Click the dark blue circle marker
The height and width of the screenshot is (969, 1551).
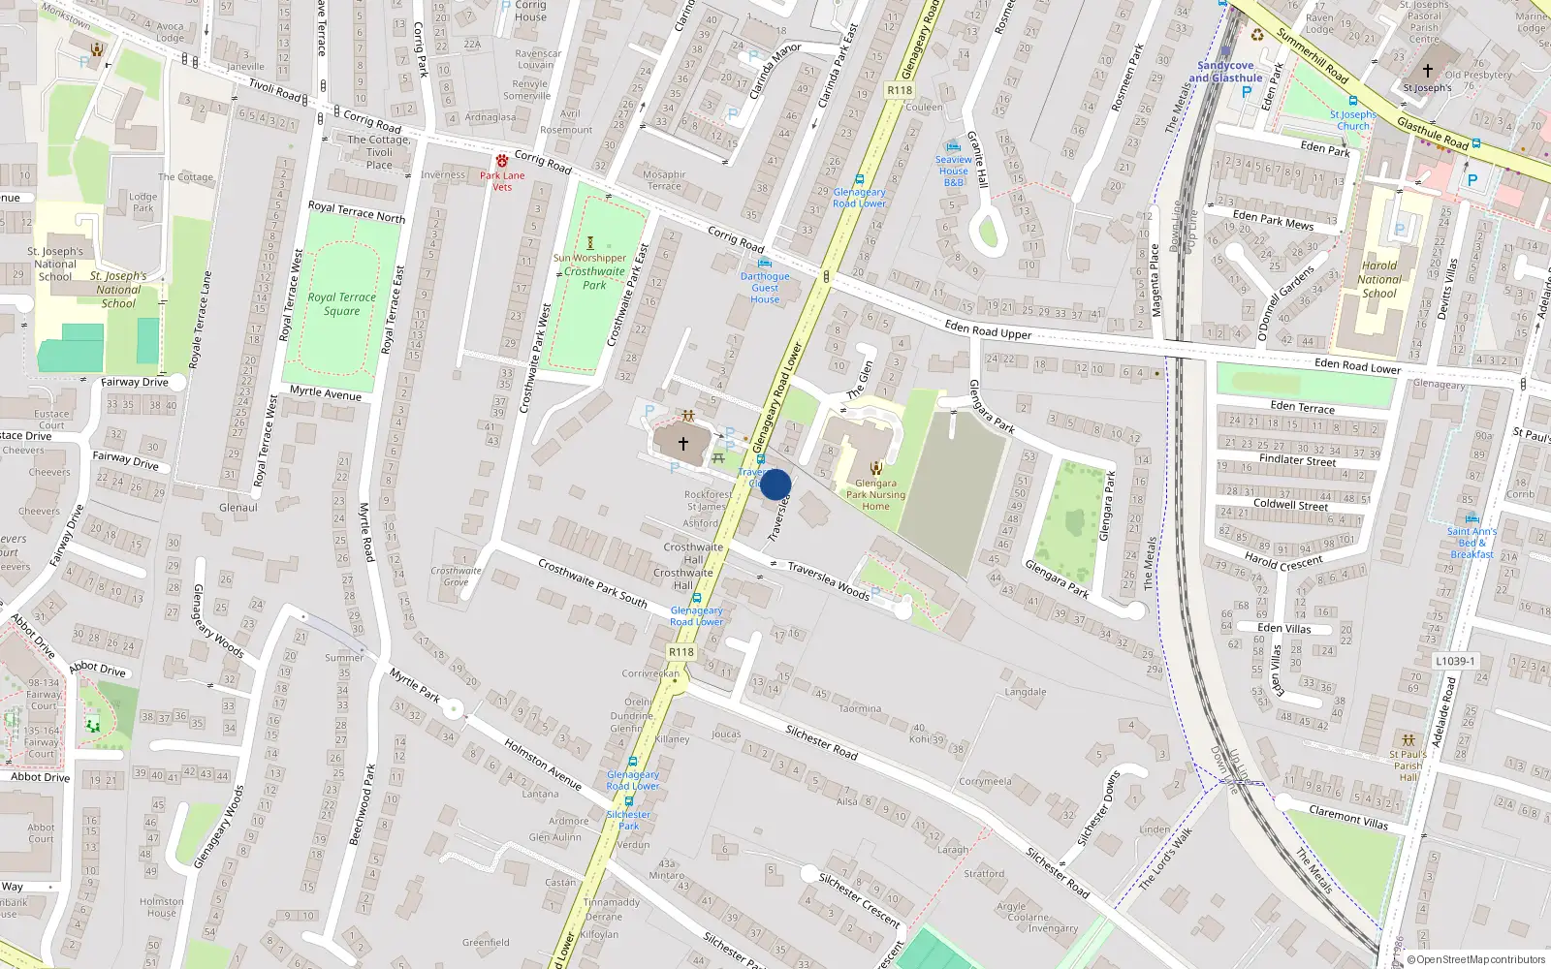(775, 484)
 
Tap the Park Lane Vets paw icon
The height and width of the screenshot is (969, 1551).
(502, 161)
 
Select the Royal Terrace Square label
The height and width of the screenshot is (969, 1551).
(341, 304)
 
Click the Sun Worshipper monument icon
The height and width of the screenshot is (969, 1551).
(589, 243)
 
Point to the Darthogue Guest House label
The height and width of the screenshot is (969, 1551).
(765, 288)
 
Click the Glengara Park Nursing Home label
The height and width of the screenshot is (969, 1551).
(875, 494)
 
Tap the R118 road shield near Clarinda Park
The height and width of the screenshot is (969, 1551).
(900, 90)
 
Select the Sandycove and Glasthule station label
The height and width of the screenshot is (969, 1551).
(1225, 72)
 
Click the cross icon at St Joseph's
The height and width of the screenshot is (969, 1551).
(1427, 71)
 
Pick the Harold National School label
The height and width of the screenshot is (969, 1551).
(1379, 279)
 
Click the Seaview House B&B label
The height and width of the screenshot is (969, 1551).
(954, 171)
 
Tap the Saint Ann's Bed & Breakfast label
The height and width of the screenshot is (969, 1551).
(1472, 543)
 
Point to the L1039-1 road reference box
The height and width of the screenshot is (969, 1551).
(1455, 661)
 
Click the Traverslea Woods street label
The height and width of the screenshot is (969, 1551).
(828, 579)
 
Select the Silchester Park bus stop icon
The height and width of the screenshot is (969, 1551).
(629, 801)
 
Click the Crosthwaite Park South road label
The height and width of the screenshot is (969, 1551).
(592, 583)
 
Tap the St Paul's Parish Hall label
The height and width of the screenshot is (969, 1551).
(1408, 766)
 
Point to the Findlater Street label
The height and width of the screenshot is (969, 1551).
(1297, 459)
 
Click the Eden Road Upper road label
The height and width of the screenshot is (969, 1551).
(988, 330)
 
